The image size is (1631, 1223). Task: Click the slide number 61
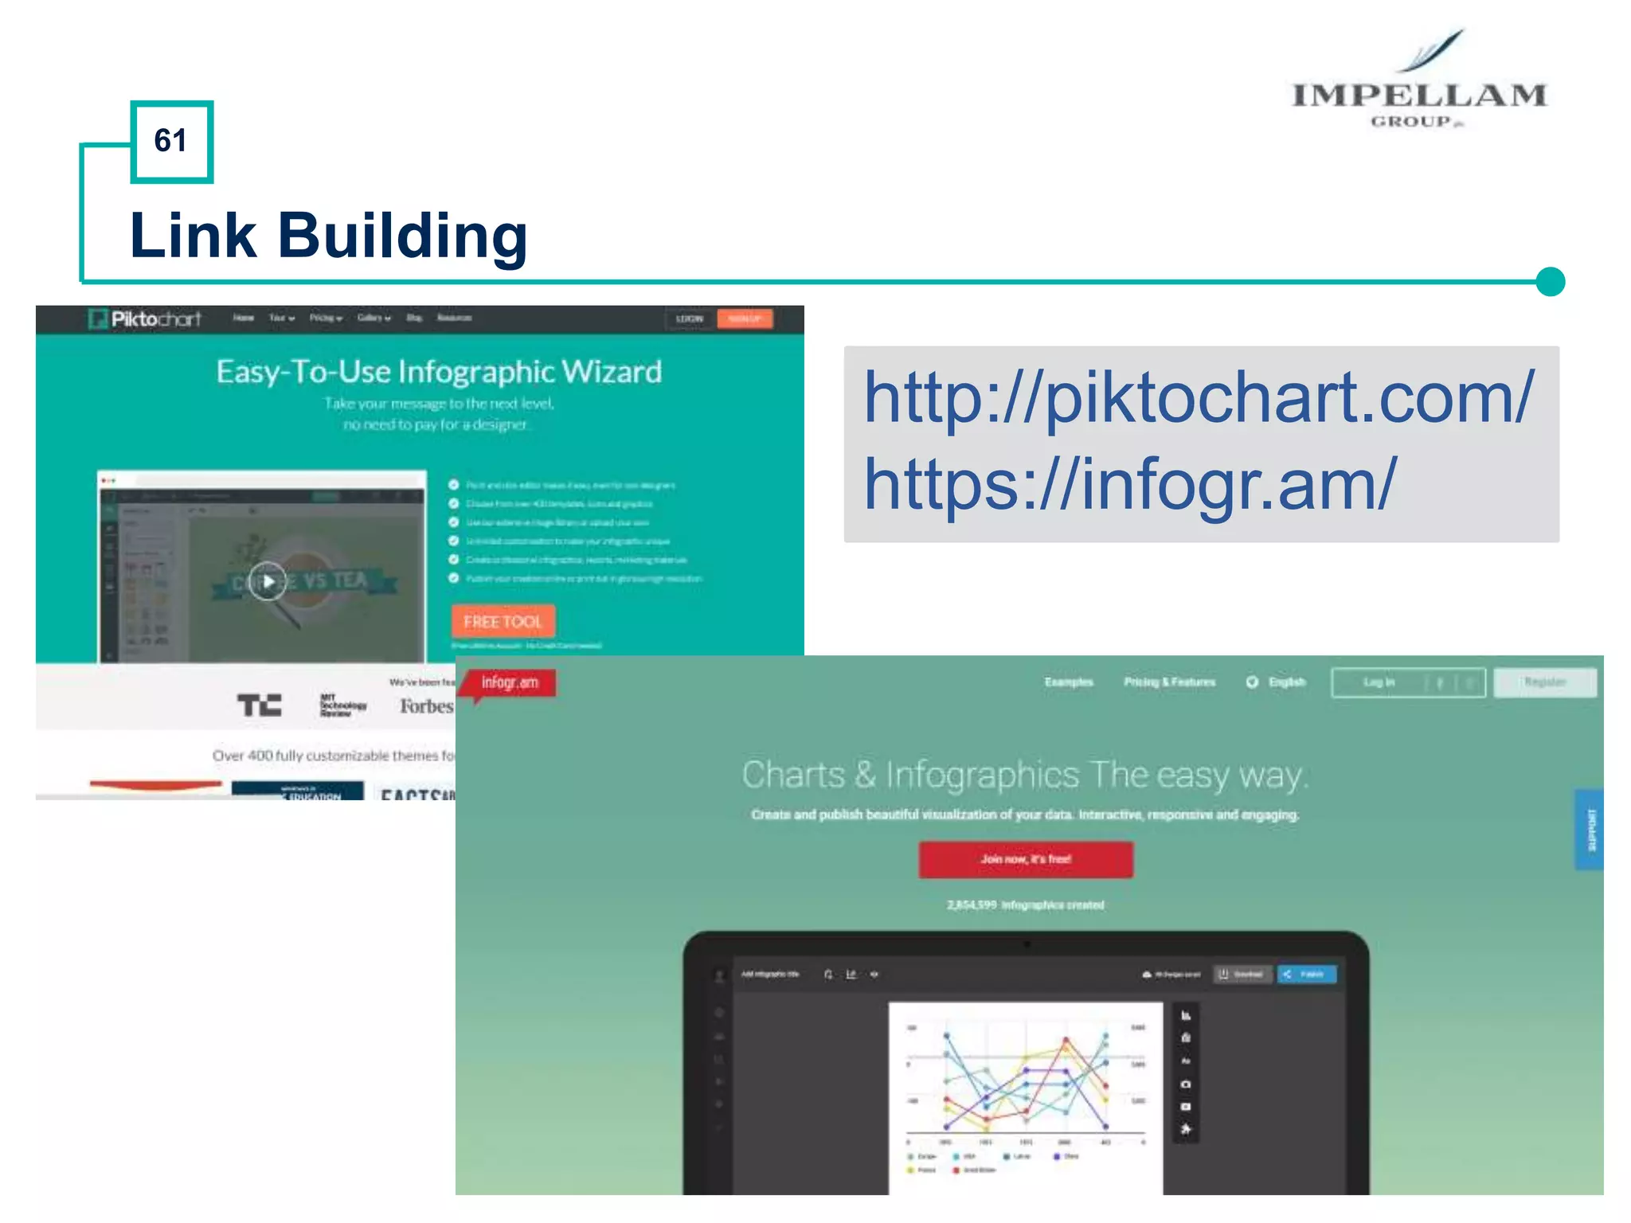point(171,141)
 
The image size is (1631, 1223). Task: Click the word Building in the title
point(402,236)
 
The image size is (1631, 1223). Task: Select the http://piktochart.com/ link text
point(1199,398)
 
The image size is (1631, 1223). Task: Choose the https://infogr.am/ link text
point(1131,484)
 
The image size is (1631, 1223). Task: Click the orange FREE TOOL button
point(503,621)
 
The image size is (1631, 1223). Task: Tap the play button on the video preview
point(268,581)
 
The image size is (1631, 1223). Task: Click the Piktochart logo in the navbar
point(146,319)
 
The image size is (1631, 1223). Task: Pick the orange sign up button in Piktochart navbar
point(745,318)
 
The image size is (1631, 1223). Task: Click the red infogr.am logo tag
point(510,682)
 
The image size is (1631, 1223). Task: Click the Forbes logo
point(426,706)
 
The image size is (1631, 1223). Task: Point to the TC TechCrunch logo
point(260,705)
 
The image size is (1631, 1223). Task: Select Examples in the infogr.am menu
point(1069,682)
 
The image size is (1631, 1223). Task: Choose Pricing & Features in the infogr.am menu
point(1169,682)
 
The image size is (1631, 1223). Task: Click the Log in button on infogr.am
point(1379,682)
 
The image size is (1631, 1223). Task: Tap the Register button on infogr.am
point(1545,682)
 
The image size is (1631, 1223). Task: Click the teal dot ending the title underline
point(1550,282)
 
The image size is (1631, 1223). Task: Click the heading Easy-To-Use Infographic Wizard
point(439,372)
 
